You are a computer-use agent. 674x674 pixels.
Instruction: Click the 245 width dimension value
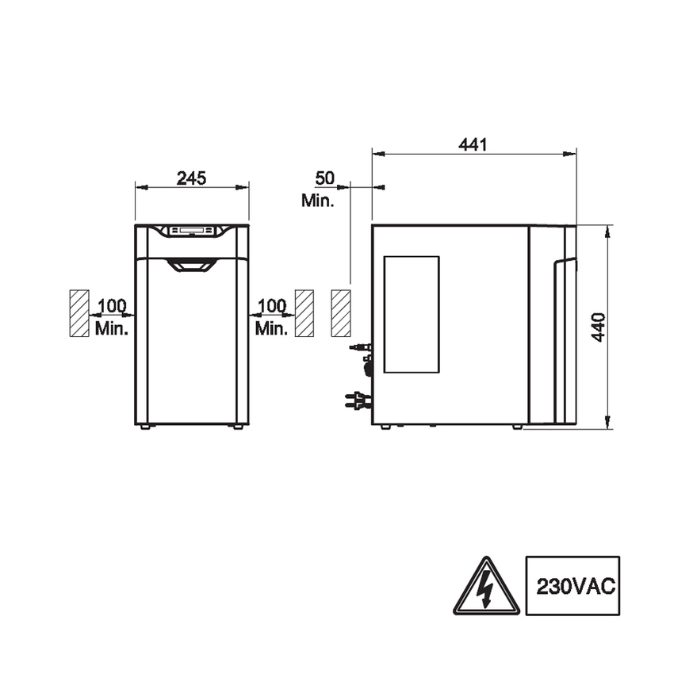[x=191, y=178]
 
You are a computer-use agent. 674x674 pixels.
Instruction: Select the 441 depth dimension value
[x=473, y=144]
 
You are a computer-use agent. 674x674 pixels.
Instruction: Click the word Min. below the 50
[x=317, y=200]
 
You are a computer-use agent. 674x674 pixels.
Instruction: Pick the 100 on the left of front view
[x=112, y=305]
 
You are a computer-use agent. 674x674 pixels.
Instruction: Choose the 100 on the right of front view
[x=271, y=305]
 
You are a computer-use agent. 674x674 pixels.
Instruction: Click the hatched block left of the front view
[x=79, y=313]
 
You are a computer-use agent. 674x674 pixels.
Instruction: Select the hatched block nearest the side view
[x=340, y=313]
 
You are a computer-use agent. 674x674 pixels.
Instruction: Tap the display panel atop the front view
[x=192, y=231]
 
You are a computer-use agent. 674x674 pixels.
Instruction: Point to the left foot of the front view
[x=145, y=427]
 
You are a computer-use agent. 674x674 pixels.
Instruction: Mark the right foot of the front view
[x=237, y=427]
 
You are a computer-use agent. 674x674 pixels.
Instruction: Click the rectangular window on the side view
[x=412, y=314]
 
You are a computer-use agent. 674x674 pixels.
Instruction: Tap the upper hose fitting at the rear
[x=360, y=347]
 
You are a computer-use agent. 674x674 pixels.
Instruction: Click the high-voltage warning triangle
[x=486, y=587]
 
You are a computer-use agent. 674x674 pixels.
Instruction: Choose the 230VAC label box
[x=572, y=586]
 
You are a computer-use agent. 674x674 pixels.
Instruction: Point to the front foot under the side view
[x=517, y=427]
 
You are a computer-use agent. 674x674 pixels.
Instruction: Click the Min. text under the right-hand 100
[x=271, y=327]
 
